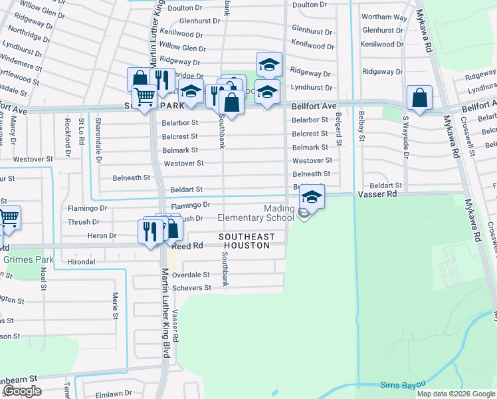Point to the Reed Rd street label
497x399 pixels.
pos(188,246)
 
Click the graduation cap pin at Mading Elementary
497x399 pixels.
pos(311,198)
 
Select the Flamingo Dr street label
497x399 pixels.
pos(190,205)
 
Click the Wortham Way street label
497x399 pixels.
pos(384,17)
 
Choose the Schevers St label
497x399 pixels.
pos(191,288)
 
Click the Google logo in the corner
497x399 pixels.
pos(22,392)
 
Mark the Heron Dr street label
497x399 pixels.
pos(101,235)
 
